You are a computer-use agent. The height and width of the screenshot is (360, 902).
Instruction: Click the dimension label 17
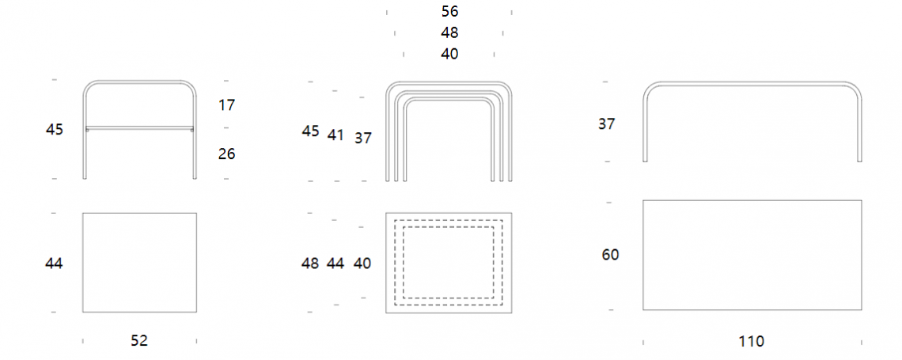[x=226, y=105]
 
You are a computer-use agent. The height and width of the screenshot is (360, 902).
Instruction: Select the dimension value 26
[x=226, y=154]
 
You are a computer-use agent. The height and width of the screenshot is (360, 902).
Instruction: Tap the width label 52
[x=139, y=341]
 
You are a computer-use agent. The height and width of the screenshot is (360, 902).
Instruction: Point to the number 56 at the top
[x=450, y=12]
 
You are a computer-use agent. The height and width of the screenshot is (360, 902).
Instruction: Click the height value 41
[x=335, y=136]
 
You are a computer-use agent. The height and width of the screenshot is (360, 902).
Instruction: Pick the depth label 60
[x=610, y=255]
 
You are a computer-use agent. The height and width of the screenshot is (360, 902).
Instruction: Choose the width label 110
[x=752, y=342]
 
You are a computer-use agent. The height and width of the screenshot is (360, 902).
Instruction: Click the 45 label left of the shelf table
[x=55, y=130]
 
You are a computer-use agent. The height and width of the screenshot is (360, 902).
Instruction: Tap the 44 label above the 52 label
[x=54, y=263]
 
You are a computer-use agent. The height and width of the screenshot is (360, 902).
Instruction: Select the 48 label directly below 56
[x=450, y=32]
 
